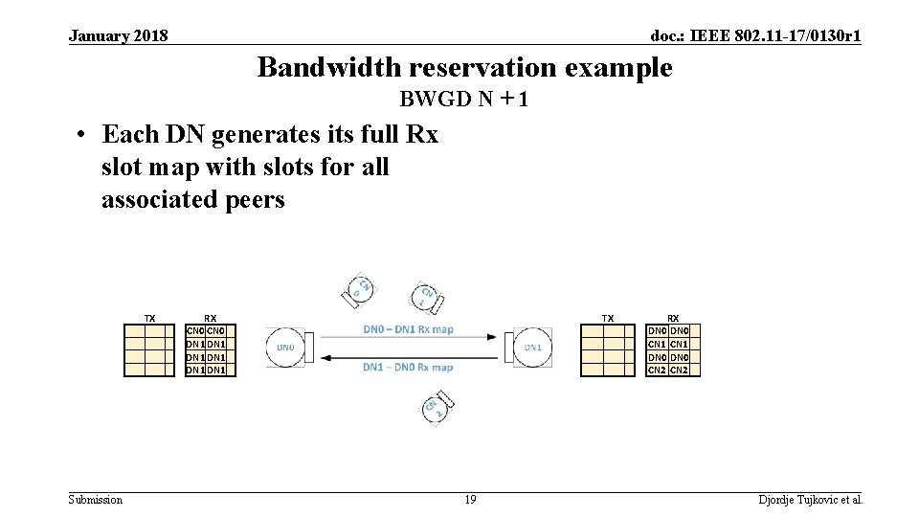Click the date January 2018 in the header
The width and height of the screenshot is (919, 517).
[x=119, y=36]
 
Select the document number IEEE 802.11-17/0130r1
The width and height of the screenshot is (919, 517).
[x=755, y=36]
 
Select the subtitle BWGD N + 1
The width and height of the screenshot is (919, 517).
[x=465, y=100]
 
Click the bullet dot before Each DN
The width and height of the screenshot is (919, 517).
[x=85, y=135]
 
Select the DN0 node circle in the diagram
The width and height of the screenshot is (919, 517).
[x=285, y=348]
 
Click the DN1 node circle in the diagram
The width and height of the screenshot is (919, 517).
[x=533, y=348]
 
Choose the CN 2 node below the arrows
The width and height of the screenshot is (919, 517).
[x=436, y=409]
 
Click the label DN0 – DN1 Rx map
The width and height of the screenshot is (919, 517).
[x=408, y=329]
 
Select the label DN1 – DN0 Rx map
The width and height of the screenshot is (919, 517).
[x=408, y=367]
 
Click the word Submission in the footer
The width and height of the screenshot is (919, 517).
[x=96, y=500]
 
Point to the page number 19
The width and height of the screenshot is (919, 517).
[x=470, y=500]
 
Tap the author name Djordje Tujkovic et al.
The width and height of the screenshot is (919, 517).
[x=811, y=500]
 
